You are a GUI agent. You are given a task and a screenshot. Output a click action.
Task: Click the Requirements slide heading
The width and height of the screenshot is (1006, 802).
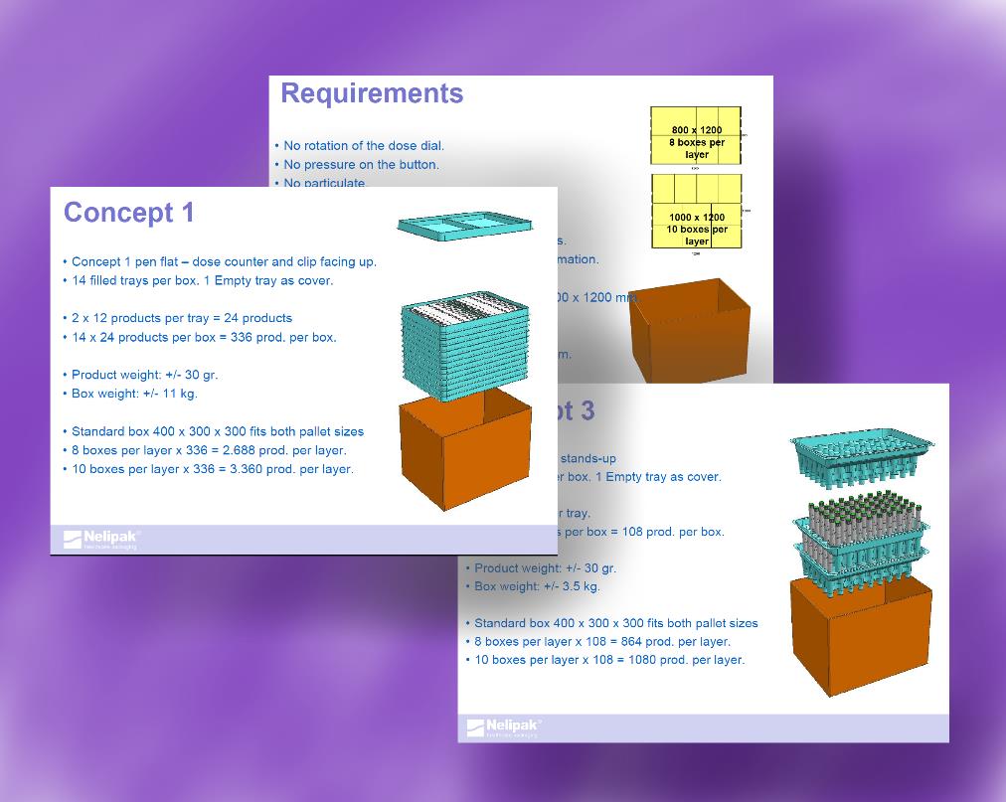click(x=372, y=93)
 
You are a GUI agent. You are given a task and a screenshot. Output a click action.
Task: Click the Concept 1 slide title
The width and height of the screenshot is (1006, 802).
click(x=129, y=213)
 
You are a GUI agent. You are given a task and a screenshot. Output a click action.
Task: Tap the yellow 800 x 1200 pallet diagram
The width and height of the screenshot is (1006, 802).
click(x=696, y=136)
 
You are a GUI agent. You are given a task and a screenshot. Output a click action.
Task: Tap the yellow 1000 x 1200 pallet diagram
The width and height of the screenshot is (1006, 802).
click(x=696, y=211)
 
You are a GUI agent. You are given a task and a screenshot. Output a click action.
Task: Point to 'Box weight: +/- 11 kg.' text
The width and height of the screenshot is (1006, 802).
click(x=134, y=394)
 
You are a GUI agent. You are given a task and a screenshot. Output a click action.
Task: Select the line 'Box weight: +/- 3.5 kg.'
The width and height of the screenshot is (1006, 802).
click(x=537, y=586)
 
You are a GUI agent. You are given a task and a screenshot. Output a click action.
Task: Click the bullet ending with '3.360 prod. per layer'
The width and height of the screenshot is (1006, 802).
click(x=212, y=469)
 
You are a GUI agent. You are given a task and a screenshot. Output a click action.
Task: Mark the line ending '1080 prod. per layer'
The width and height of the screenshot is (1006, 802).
click(x=608, y=660)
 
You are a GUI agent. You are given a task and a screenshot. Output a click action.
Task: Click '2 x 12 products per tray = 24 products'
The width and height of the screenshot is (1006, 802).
click(x=182, y=318)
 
